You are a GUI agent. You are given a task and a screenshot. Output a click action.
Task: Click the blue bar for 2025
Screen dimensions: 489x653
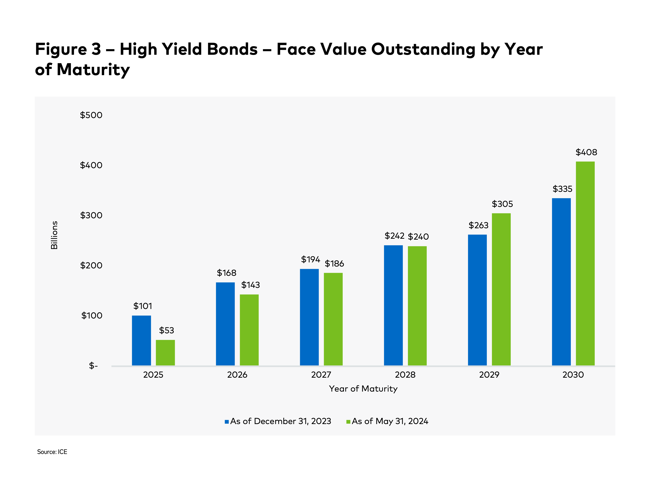141,341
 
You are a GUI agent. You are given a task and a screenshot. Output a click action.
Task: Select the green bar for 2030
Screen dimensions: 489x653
585,264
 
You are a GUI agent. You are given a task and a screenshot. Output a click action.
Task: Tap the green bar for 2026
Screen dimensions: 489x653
249,330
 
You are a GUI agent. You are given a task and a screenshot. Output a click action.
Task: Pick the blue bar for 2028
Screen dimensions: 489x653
393,306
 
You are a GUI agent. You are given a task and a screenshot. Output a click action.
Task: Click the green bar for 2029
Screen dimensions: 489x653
501,290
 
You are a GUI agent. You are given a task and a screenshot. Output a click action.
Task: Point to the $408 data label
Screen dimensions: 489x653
586,152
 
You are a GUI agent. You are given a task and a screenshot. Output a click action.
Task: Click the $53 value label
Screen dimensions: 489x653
166,330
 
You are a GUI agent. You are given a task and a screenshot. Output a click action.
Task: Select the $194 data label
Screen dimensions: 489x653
310,259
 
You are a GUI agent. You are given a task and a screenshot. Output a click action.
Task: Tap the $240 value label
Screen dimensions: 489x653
418,237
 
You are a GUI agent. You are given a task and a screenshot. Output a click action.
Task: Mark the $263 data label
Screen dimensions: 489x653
478,225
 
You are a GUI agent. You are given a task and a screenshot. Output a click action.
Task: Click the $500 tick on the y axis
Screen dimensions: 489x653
91,115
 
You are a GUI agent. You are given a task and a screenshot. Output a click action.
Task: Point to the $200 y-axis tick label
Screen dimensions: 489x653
91,265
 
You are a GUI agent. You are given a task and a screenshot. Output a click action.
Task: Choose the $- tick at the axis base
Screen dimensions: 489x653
93,366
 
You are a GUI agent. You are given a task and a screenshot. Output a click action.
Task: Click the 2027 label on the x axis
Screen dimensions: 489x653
321,375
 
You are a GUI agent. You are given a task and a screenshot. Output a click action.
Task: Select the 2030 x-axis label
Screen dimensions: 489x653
573,375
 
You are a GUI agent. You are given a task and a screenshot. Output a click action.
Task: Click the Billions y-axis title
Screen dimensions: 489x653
54,235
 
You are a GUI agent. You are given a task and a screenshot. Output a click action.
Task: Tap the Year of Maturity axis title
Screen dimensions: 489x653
363,389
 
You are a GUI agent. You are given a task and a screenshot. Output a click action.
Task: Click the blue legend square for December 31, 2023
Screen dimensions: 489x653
227,422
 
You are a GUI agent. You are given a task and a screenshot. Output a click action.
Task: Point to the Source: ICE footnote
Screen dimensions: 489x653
52,452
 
